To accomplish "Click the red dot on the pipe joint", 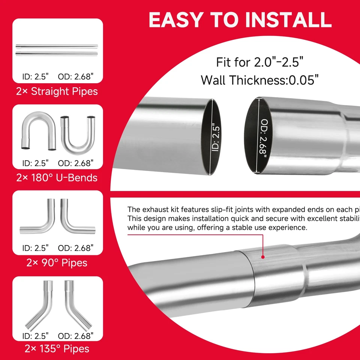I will point(263,257).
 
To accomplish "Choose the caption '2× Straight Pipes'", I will point(57,91).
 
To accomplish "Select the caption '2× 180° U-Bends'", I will point(57,177).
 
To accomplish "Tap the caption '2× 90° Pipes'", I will point(57,262).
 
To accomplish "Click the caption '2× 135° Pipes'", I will point(57,348).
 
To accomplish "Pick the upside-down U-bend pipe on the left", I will point(37,129).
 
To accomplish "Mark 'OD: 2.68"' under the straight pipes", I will point(76,77).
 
